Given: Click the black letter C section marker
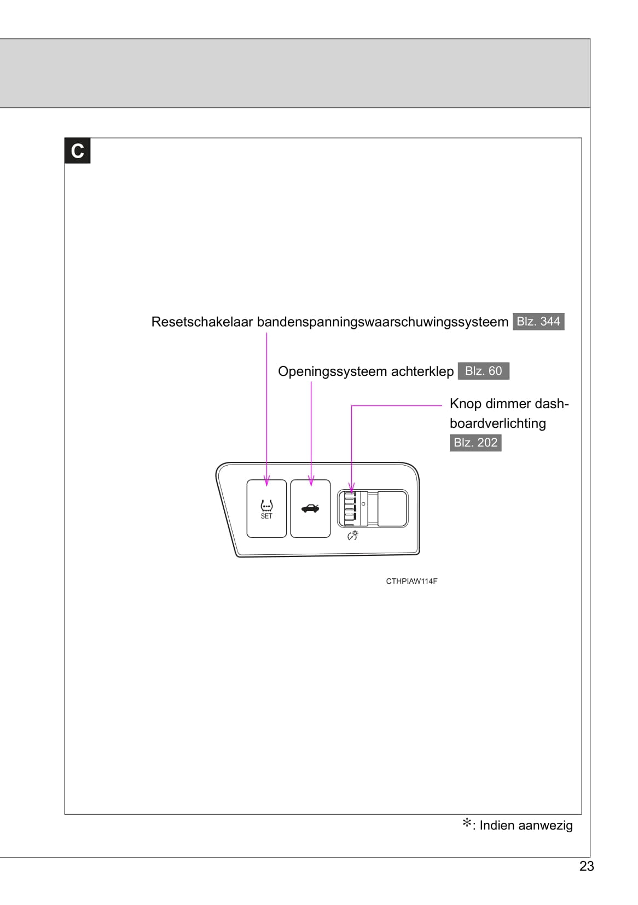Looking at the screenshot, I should tap(77, 150).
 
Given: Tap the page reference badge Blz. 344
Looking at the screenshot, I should tap(538, 321).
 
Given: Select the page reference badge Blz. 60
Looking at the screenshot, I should tap(483, 371).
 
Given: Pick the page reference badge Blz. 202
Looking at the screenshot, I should tap(475, 443).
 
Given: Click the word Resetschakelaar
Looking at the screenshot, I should tap(202, 322).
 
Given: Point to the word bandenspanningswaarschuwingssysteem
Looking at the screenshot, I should tap(382, 322).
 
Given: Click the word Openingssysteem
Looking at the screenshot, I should tap(324, 372).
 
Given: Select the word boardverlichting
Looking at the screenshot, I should tap(497, 424).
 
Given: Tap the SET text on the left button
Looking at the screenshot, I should tap(266, 516).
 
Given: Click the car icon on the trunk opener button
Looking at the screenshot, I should tap(310, 508).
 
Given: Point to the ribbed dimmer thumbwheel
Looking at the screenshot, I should tap(350, 508).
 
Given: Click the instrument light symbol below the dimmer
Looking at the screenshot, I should tap(353, 535).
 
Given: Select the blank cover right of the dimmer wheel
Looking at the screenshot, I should tap(392, 508).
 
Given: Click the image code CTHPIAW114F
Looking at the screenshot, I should tap(411, 581).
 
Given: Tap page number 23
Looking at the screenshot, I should tap(587, 866).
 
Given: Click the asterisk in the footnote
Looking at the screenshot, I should tap(467, 823).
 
